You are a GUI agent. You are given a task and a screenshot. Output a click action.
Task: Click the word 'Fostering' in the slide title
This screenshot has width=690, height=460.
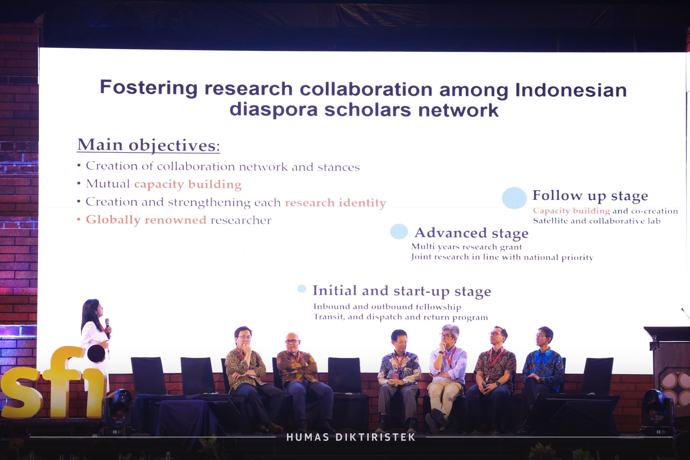pyautogui.click(x=149, y=88)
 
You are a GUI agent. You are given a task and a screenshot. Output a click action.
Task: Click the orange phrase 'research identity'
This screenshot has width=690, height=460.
pyautogui.click(x=335, y=203)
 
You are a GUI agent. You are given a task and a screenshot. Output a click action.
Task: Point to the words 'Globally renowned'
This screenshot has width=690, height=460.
pyautogui.click(x=146, y=220)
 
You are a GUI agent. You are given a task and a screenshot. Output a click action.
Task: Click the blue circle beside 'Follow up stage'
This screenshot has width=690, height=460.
pyautogui.click(x=514, y=198)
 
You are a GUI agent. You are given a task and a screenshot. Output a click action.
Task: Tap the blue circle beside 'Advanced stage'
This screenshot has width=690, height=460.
pyautogui.click(x=399, y=231)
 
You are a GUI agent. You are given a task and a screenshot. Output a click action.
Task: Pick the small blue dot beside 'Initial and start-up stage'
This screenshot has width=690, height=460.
pyautogui.click(x=302, y=289)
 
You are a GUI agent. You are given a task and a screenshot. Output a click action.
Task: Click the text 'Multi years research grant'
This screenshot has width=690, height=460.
pyautogui.click(x=467, y=247)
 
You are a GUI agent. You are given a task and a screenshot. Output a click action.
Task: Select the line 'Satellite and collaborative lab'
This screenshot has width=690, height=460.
pyautogui.click(x=597, y=221)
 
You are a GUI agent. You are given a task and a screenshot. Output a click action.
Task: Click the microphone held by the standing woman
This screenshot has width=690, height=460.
pyautogui.click(x=108, y=328)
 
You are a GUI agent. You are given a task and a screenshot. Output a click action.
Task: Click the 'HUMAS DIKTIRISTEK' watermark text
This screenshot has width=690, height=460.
pyautogui.click(x=351, y=437)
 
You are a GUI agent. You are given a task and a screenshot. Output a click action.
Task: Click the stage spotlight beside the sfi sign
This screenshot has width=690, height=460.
pyautogui.click(x=118, y=409)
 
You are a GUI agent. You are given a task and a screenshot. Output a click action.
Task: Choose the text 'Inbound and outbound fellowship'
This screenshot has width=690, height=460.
pyautogui.click(x=387, y=307)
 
